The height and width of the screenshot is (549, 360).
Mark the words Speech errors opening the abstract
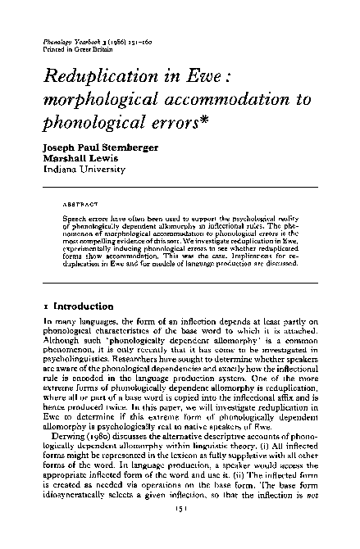click(84, 219)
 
